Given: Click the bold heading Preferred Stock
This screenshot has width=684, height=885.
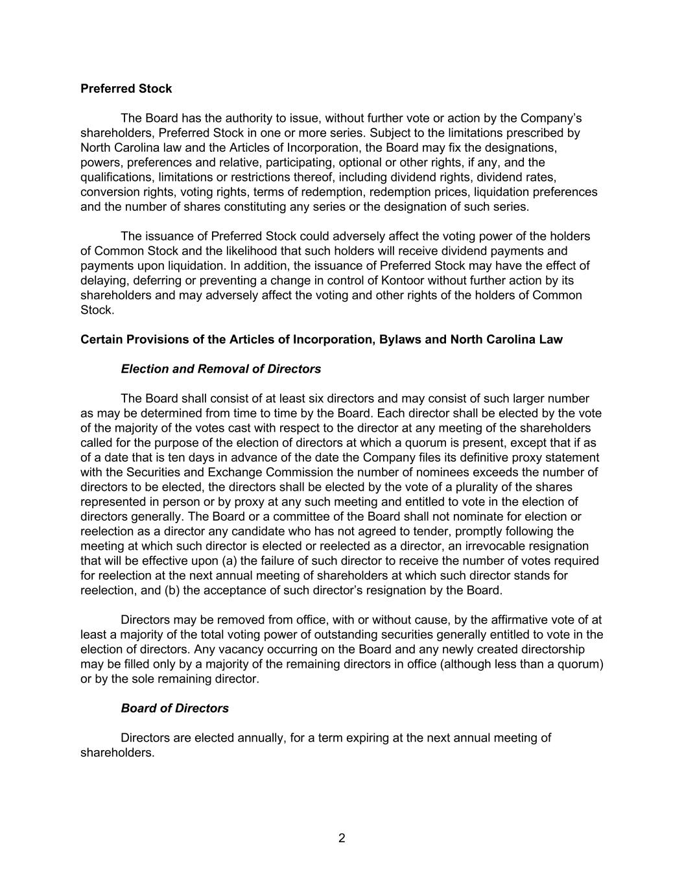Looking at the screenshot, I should coord(126,88).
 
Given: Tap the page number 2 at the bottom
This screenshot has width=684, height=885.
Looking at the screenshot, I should coord(342,838).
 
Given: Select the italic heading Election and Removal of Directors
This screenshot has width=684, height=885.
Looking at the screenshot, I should coord(220,369).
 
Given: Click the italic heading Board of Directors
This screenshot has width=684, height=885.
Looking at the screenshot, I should coord(174,708).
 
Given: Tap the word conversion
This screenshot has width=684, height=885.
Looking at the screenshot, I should coord(108,192).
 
